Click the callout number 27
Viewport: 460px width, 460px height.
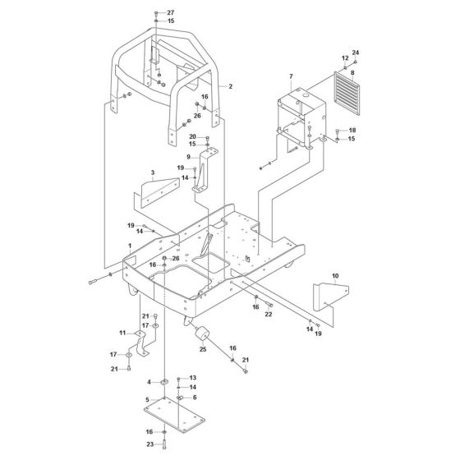[171, 12]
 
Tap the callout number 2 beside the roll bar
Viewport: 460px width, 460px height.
[231, 86]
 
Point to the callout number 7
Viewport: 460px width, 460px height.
[290, 76]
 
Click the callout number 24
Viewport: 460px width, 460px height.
[356, 53]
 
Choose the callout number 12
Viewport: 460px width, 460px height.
[344, 58]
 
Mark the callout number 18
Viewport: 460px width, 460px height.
[352, 131]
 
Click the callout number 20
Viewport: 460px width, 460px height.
[193, 136]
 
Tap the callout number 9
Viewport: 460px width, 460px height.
[188, 157]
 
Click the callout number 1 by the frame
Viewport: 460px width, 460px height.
[129, 246]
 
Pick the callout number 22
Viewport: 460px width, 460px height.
[268, 314]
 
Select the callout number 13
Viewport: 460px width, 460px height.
[193, 378]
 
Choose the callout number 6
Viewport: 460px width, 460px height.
[194, 397]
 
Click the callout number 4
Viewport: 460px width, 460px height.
[149, 382]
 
